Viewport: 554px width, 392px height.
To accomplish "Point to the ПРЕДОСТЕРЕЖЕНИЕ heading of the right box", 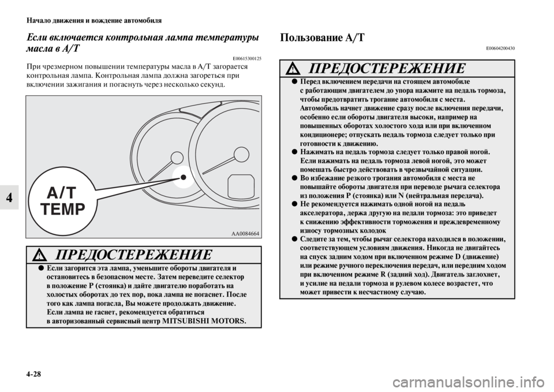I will (385, 68).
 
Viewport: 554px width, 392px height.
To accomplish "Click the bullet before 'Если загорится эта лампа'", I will (41, 269).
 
